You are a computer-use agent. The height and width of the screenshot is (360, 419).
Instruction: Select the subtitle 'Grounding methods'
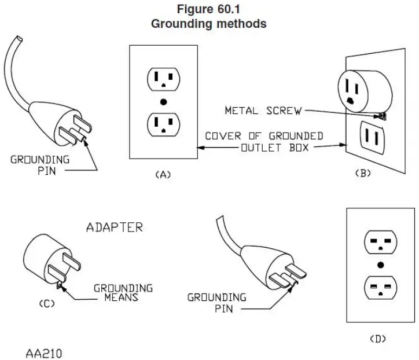pos(209,24)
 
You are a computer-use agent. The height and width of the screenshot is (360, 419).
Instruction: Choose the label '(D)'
pos(378,338)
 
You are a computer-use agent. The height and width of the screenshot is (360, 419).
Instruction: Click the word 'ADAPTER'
pos(114,227)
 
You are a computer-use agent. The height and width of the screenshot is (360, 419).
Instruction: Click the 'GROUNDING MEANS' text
pos(123,292)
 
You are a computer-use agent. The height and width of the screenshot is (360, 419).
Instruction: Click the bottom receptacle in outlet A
pos(164,124)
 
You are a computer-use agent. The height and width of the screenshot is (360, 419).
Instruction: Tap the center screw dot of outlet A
pos(164,101)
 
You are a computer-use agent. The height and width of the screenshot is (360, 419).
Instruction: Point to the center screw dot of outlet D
pos(380,265)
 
